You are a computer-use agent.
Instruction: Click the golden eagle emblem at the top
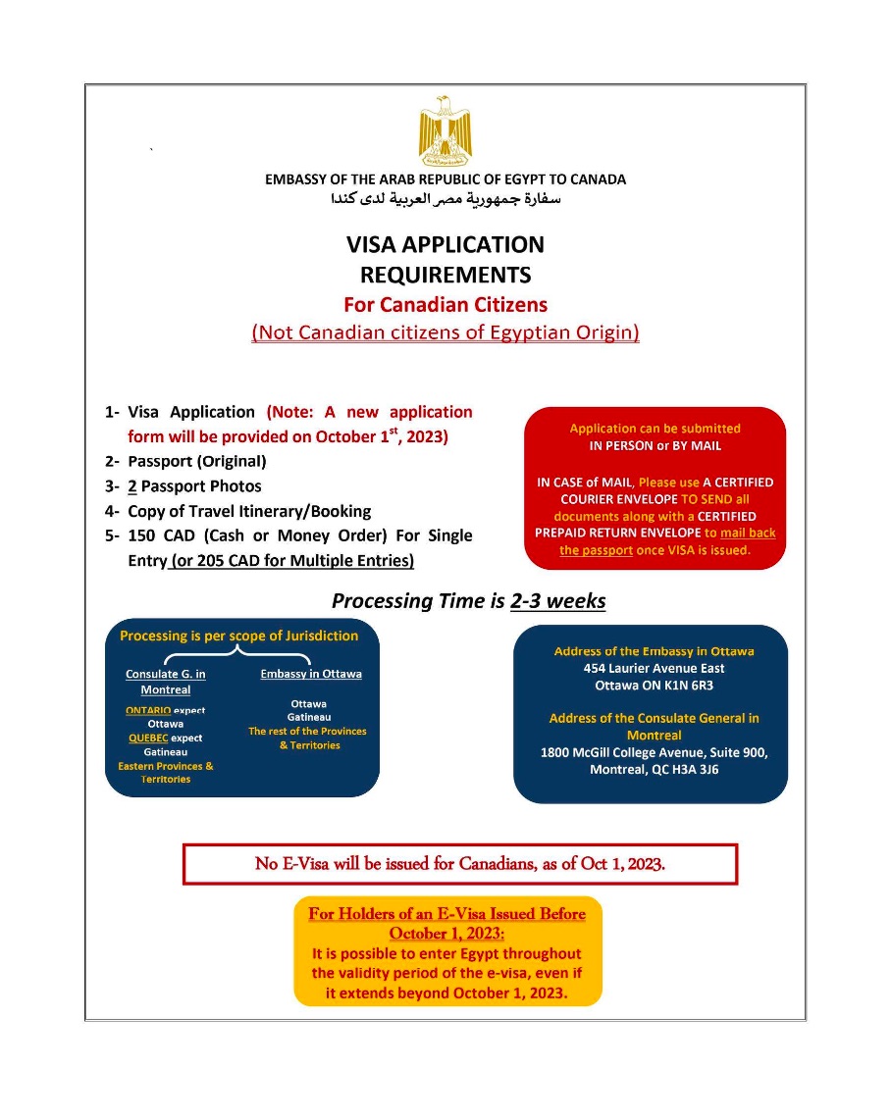(445, 130)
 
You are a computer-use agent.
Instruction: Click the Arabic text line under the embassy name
(445, 199)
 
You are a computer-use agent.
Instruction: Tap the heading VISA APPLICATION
(445, 244)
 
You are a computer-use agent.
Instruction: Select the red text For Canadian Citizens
(445, 304)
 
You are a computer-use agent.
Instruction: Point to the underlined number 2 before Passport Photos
(131, 485)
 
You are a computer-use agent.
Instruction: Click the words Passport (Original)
(196, 461)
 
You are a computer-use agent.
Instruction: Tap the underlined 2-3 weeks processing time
(557, 601)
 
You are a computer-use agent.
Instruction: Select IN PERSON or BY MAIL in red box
(655, 445)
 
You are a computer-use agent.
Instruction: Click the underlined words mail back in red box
(747, 533)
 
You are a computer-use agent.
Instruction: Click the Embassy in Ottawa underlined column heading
(310, 674)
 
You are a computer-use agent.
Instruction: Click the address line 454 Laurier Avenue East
(654, 668)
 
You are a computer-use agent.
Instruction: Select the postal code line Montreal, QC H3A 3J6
(654, 770)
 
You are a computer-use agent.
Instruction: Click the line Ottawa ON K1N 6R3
(654, 685)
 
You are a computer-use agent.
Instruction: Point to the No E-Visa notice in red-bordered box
(459, 864)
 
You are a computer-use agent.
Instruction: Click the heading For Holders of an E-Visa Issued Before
(446, 914)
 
